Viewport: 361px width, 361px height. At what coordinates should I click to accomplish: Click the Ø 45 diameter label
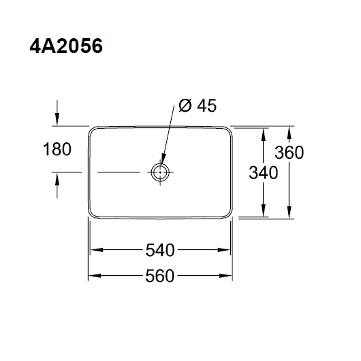198,106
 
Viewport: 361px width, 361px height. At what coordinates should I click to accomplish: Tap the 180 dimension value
57,149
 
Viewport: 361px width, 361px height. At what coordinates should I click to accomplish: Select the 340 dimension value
264,173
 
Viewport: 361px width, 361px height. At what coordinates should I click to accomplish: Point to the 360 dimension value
289,153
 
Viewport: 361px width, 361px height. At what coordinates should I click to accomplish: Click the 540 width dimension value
161,251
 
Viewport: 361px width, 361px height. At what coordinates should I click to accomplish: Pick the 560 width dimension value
161,275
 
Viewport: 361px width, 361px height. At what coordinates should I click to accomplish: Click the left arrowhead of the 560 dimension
94,275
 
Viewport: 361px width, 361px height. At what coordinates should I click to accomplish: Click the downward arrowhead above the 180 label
57,121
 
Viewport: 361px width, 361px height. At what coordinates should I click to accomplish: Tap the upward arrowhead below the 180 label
57,177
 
